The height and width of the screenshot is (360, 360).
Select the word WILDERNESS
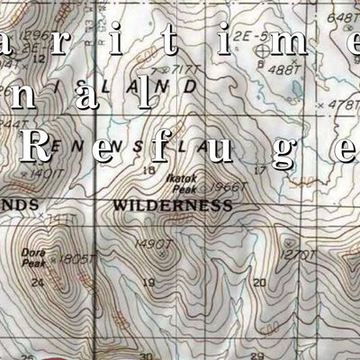tap(172, 205)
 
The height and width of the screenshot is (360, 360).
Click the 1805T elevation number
tap(75, 259)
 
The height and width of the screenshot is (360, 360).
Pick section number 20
tap(259, 283)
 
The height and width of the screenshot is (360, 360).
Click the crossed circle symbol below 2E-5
tap(259, 53)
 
